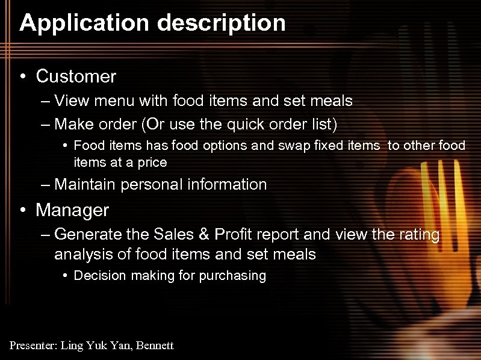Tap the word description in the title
(x=221, y=23)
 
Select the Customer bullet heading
(x=76, y=76)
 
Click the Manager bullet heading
(x=72, y=210)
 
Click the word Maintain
(x=85, y=184)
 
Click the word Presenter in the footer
(x=33, y=345)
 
